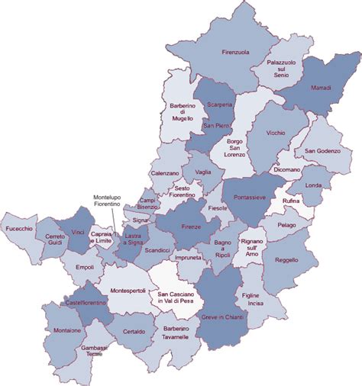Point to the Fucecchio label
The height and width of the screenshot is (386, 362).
point(20,229)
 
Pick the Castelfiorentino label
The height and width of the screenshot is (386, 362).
point(86,303)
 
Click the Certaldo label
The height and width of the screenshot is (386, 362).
point(135,332)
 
